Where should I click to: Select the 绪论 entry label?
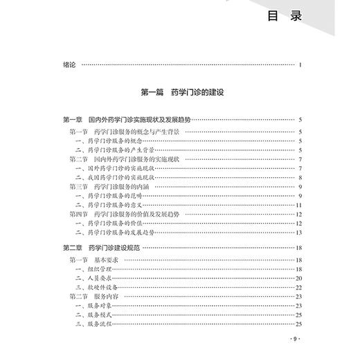[68, 66]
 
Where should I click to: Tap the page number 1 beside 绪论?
[301, 66]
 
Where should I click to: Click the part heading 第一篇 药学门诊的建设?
[183, 91]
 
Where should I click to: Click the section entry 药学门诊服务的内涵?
[126, 187]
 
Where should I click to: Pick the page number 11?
[299, 206]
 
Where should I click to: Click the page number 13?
[299, 234]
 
